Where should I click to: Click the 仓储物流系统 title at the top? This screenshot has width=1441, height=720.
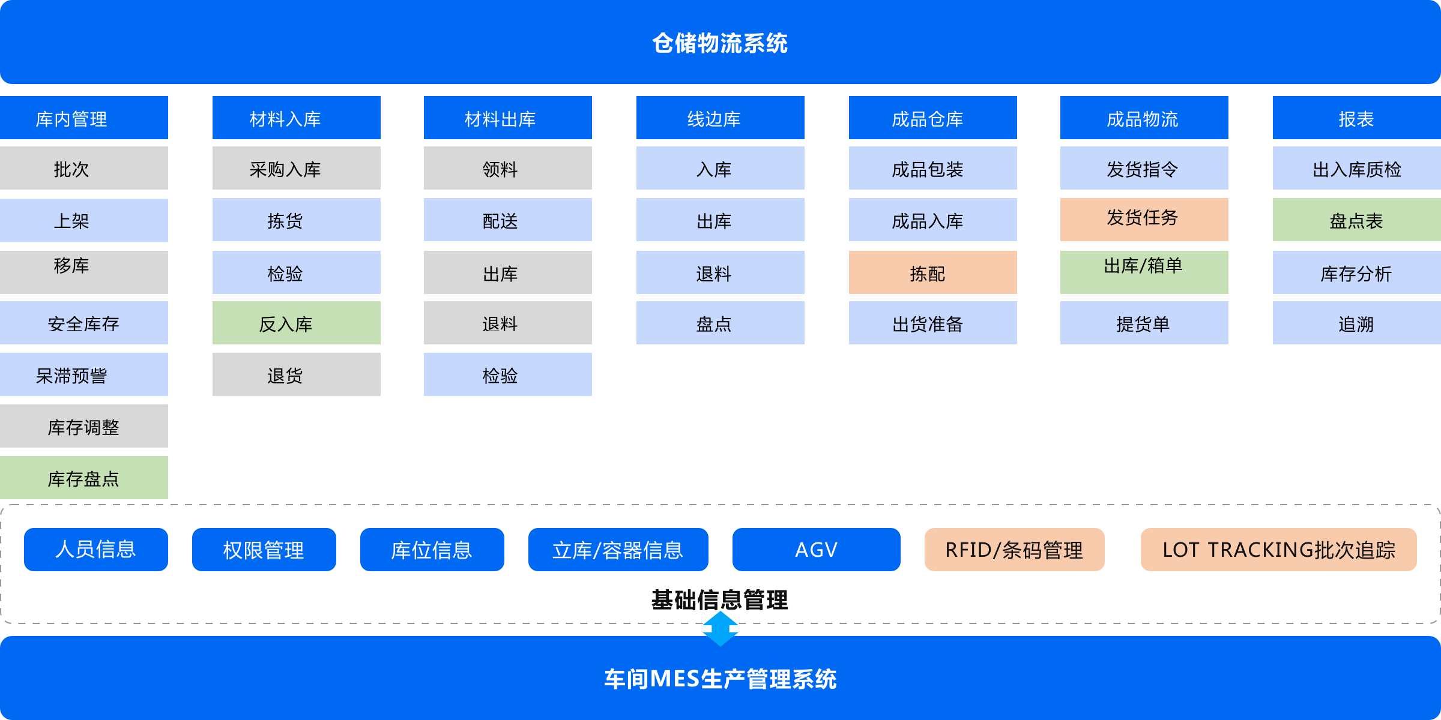pos(720,43)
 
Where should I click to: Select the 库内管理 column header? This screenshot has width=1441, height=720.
pos(84,118)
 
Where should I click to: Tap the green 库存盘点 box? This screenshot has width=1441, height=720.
pos(84,478)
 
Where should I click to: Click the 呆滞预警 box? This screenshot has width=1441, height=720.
pos(84,374)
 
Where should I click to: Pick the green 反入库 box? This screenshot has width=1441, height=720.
pos(297,323)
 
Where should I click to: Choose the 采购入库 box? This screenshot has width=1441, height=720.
pos(297,169)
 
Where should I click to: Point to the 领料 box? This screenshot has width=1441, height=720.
pos(508,169)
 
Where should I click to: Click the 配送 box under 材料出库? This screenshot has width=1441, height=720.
pos(508,220)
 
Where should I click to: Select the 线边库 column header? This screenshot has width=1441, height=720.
pos(720,118)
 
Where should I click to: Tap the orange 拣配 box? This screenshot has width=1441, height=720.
pos(933,272)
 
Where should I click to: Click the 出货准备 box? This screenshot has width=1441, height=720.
pos(933,323)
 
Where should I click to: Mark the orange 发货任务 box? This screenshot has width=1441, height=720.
pos(1144,220)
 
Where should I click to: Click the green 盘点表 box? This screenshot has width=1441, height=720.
pos(1357,220)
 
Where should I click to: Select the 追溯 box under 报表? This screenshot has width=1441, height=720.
pos(1357,323)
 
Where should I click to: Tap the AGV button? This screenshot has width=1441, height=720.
pos(817,550)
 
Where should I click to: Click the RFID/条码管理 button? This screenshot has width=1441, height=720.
pos(1015,550)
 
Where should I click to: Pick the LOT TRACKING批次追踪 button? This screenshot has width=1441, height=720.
pos(1279,550)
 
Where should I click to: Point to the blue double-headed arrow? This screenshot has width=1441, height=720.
pos(720,629)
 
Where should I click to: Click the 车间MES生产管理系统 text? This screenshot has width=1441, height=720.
pos(720,679)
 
